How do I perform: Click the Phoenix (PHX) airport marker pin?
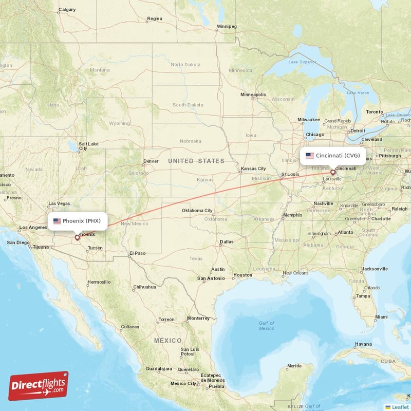[78, 237]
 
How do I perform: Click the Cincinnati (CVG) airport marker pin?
[332, 173]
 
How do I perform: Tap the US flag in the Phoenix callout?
[57, 221]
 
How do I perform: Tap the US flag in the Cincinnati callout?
[310, 155]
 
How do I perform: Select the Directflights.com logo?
[38, 386]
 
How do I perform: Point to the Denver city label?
[151, 161]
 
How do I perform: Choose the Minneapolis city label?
[253, 95]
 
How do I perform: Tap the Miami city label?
[381, 317]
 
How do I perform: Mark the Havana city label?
[363, 344]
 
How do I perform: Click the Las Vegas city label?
[59, 203]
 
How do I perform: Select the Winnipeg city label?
[226, 26]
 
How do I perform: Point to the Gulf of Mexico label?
[267, 326]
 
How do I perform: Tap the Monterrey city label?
[198, 318]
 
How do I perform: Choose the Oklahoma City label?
[197, 210]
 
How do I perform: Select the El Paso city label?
[137, 253]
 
